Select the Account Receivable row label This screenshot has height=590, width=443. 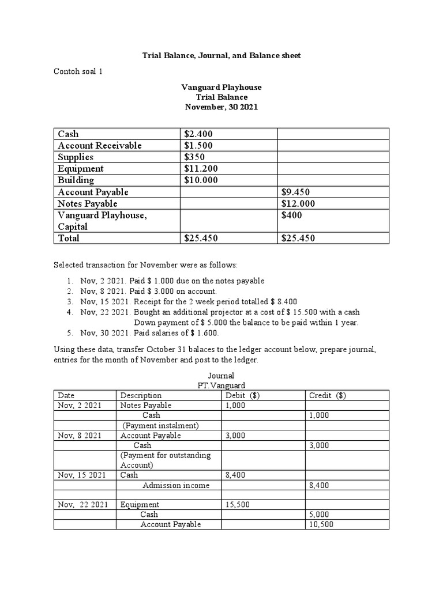[100, 146]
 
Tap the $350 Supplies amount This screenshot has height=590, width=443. [194, 157]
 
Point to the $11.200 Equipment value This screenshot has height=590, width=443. [201, 169]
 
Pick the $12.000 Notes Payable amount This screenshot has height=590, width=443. [298, 203]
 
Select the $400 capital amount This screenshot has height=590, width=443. [292, 215]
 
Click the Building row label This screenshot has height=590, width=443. [76, 180]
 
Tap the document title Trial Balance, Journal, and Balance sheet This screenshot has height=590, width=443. [221, 55]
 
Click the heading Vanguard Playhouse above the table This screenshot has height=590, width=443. [221, 87]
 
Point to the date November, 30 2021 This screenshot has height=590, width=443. [221, 107]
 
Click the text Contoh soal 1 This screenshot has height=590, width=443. [78, 71]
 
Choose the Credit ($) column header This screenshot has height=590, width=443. [328, 396]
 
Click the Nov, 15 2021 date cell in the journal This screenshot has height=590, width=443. [81, 475]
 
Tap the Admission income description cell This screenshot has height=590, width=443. [176, 485]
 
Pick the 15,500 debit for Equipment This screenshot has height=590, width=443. [237, 505]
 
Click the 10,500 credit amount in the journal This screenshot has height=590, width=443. [321, 524]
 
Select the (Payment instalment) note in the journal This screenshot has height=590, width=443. [160, 425]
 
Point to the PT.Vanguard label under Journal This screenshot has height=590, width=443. [221, 385]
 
